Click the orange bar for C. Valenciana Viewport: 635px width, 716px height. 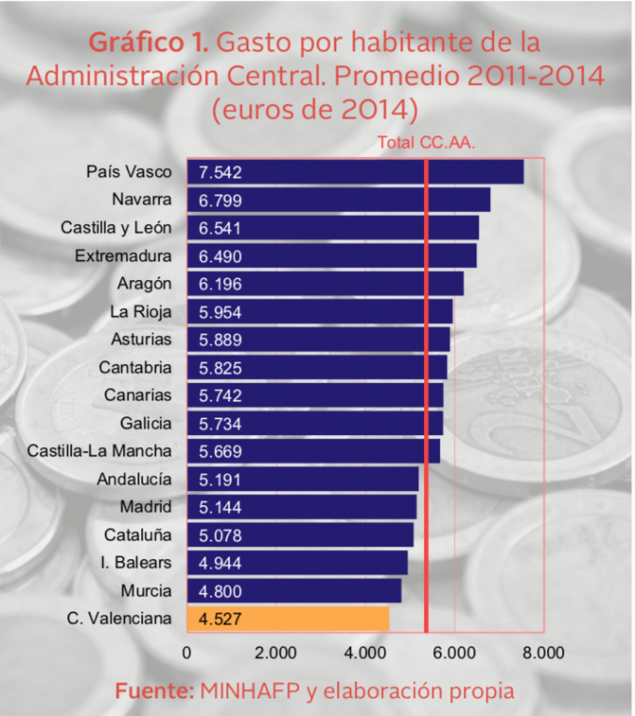[288, 619]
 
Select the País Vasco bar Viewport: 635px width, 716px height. [355, 172]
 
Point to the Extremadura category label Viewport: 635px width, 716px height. [123, 256]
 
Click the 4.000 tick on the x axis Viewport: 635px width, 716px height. [365, 653]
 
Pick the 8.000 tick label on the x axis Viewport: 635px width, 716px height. [544, 653]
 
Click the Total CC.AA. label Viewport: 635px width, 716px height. [426, 143]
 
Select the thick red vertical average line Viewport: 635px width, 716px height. [426, 392]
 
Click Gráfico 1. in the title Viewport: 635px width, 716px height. [148, 43]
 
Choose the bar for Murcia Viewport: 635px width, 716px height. [294, 591]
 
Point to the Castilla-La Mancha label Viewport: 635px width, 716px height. [99, 451]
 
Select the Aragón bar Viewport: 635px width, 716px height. [325, 284]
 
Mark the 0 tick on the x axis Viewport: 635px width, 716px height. [188, 653]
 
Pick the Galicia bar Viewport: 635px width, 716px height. [315, 423]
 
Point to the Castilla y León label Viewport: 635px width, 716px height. [116, 228]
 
